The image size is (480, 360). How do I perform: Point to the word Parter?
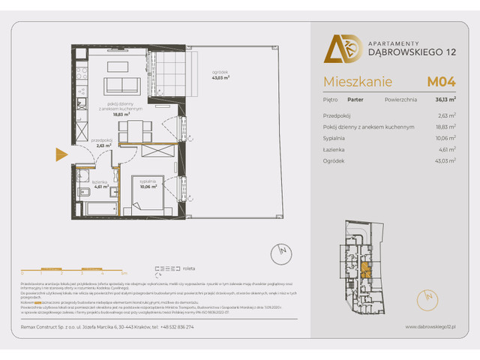(355, 97)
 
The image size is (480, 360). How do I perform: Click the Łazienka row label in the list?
(334, 149)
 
